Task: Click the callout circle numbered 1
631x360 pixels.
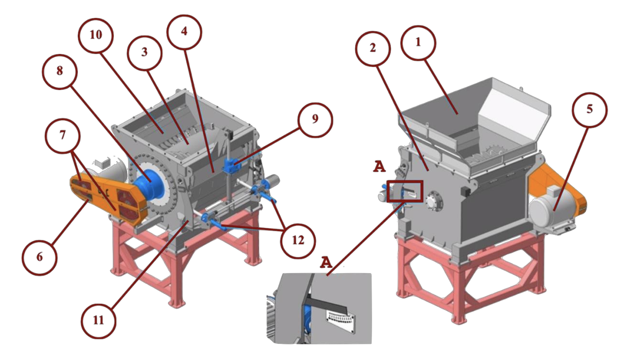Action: [418, 42]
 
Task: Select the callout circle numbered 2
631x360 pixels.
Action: [373, 48]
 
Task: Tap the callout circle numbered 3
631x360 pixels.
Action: [144, 52]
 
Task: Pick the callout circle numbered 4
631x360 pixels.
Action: [184, 32]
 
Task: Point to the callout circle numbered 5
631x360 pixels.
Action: [589, 109]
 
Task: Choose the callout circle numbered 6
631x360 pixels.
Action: [39, 257]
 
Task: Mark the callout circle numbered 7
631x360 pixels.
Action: [62, 135]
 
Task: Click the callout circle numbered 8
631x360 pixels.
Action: [60, 71]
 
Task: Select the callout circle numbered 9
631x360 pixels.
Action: [315, 120]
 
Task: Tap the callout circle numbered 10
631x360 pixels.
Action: [95, 35]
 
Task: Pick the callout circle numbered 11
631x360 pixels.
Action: [98, 320]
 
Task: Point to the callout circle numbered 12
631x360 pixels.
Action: [298, 240]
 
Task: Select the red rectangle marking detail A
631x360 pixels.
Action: [405, 191]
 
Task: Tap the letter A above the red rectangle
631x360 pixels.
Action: [379, 167]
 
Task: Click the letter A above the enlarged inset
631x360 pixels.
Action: [326, 262]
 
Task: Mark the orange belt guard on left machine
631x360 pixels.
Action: [109, 197]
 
